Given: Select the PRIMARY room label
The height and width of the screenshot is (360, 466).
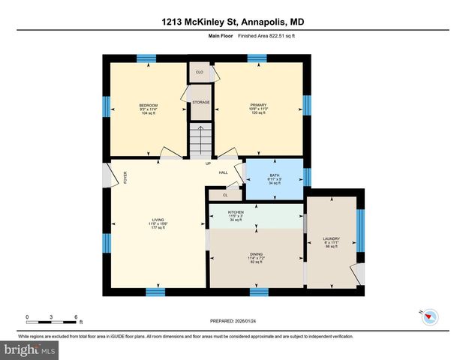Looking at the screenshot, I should pyautogui.click(x=258, y=105).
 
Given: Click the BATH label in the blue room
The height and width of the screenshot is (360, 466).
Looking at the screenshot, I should pyautogui.click(x=275, y=175).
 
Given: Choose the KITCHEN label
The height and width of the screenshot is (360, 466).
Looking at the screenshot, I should pyautogui.click(x=236, y=213).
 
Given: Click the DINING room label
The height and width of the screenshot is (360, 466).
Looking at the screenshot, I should pyautogui.click(x=256, y=254).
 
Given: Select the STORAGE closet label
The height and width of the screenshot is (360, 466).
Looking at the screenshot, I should pyautogui.click(x=200, y=102).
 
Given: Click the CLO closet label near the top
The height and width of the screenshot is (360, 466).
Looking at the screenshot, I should pyautogui.click(x=200, y=72).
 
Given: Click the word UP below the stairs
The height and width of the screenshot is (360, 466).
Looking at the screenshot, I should pyautogui.click(x=208, y=163).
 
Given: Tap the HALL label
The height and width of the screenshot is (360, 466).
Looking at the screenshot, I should pyautogui.click(x=223, y=172).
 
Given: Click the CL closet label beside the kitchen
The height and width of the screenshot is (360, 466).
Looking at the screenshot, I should pyautogui.click(x=225, y=194).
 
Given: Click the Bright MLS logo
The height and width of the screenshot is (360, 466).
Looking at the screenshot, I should pyautogui.click(x=29, y=349).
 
